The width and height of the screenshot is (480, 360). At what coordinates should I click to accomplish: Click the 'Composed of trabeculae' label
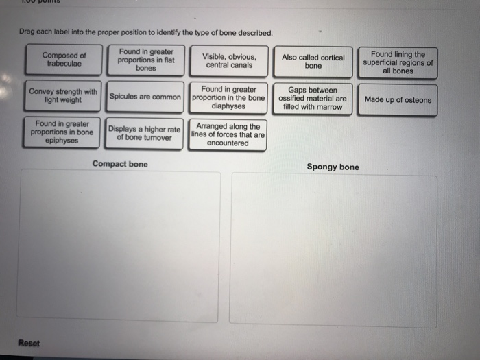(x=64, y=60)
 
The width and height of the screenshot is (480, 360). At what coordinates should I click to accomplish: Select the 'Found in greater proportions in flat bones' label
(x=145, y=60)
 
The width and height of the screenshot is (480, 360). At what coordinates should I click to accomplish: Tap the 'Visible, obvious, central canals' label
(x=228, y=60)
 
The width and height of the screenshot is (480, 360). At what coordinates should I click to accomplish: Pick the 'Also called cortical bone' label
(x=313, y=61)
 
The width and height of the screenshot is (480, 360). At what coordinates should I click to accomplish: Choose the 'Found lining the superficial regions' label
(x=398, y=62)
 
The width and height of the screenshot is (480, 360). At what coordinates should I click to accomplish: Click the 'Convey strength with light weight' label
(x=63, y=95)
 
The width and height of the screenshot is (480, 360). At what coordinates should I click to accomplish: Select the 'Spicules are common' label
(x=145, y=97)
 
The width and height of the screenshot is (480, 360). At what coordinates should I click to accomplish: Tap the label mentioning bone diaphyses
(x=228, y=97)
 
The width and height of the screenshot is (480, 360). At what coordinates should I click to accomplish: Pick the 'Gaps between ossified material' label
(x=312, y=98)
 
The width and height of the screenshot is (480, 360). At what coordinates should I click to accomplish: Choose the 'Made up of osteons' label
(x=398, y=99)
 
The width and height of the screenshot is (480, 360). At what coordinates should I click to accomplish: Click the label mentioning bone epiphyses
(x=62, y=132)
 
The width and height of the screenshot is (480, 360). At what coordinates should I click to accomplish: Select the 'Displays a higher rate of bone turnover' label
(x=145, y=132)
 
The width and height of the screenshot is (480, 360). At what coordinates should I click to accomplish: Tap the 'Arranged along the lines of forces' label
(x=228, y=134)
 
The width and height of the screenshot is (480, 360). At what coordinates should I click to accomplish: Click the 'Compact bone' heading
(x=120, y=164)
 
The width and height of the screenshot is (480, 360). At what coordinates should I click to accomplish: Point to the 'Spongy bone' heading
(x=333, y=167)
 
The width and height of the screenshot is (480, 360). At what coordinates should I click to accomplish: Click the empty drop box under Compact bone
(x=119, y=245)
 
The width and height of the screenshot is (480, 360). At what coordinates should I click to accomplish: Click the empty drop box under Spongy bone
(x=333, y=250)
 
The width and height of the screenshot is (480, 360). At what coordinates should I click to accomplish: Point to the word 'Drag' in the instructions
(x=28, y=32)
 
